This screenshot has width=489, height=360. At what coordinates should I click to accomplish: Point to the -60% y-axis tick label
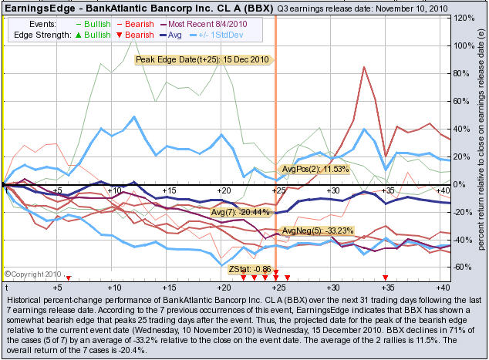click(464, 267)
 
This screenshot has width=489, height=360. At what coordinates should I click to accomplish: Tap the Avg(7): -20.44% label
click(241, 211)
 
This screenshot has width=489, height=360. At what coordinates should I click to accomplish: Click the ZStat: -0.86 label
click(250, 270)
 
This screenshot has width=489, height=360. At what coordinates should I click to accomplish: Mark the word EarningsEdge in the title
click(36, 7)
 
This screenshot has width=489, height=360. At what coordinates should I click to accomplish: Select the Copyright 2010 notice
click(32, 273)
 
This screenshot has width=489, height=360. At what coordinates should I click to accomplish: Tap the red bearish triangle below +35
click(386, 277)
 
